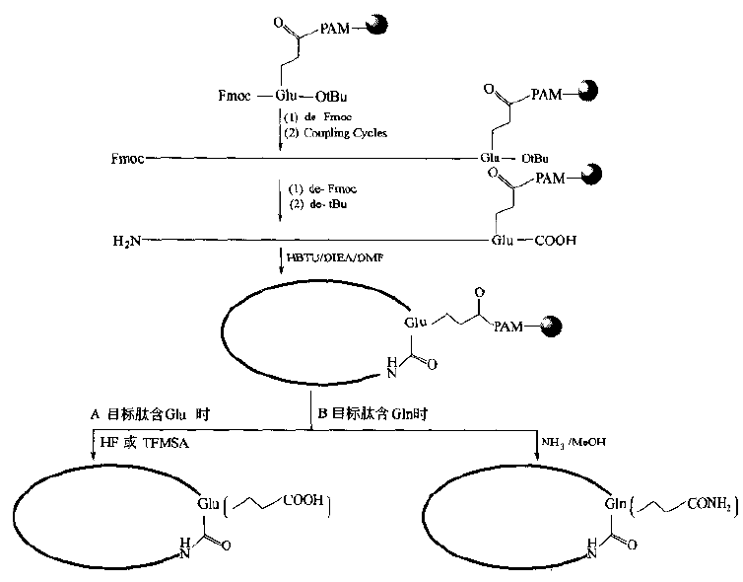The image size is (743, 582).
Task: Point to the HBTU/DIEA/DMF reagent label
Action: (331, 258)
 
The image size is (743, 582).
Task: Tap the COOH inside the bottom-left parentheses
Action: (302, 502)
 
